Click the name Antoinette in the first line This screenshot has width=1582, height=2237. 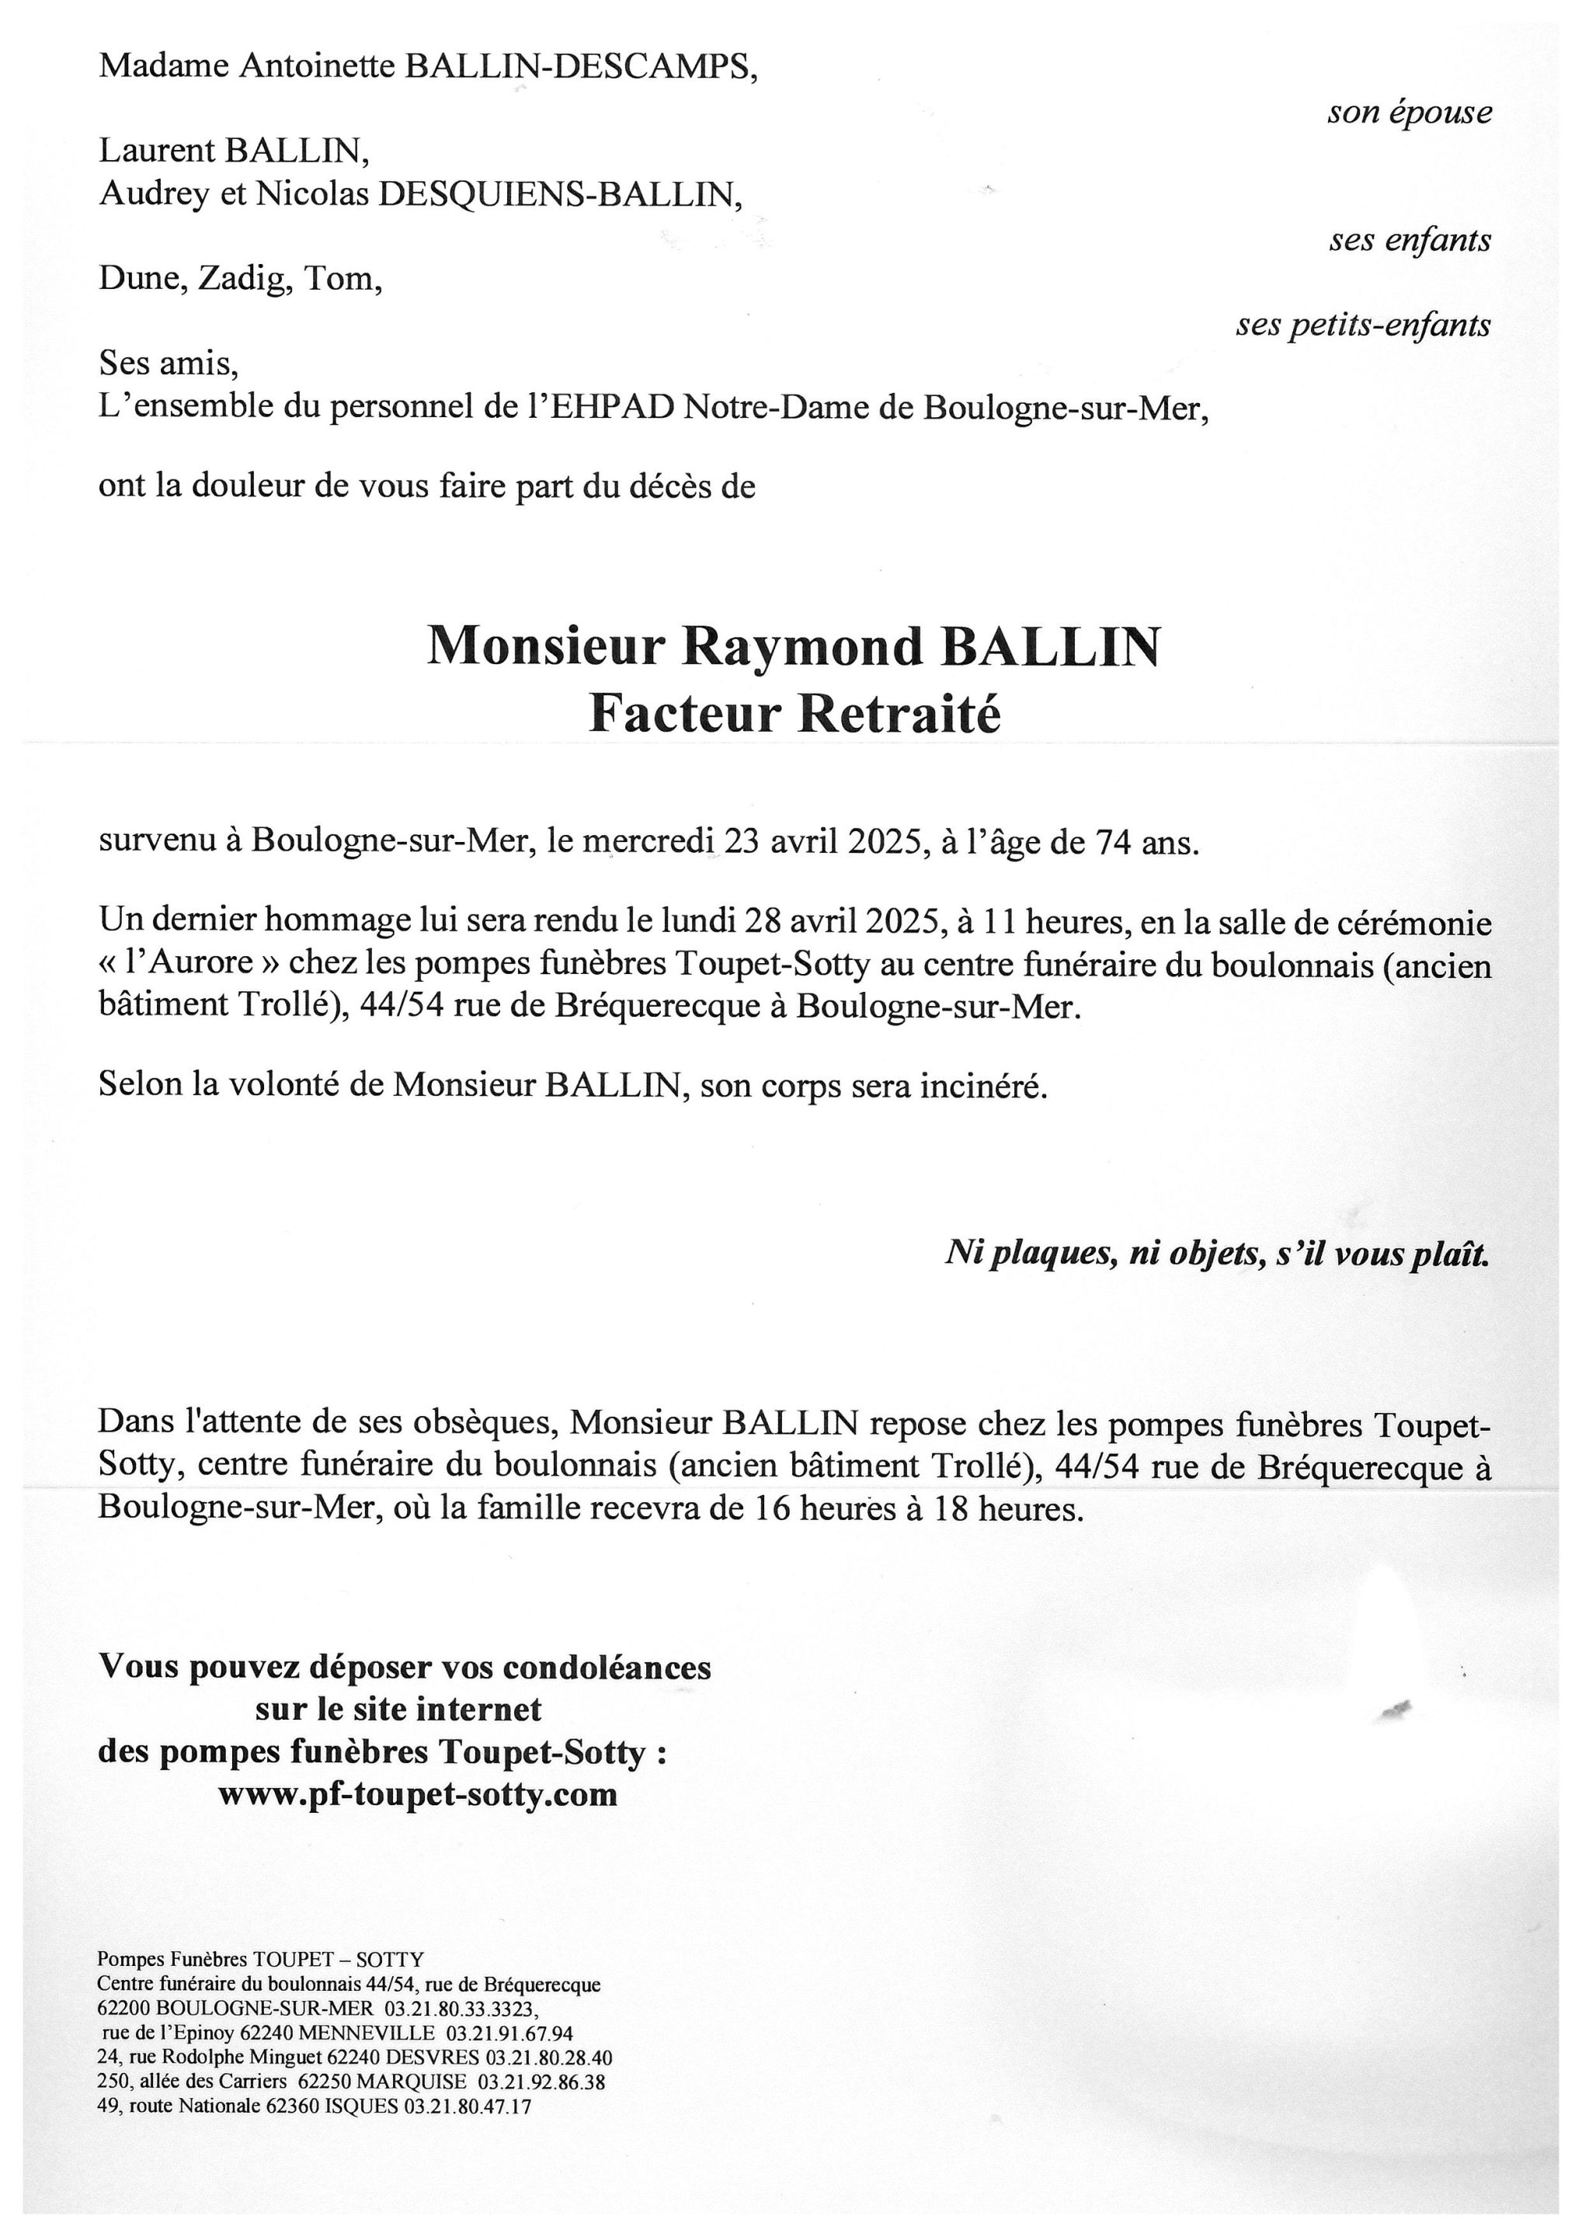317,66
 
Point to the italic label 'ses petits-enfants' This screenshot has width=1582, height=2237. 1363,325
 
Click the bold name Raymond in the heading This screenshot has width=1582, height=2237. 801,646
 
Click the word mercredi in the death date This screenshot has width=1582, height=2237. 648,842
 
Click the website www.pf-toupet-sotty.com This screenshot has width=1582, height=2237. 418,1793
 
